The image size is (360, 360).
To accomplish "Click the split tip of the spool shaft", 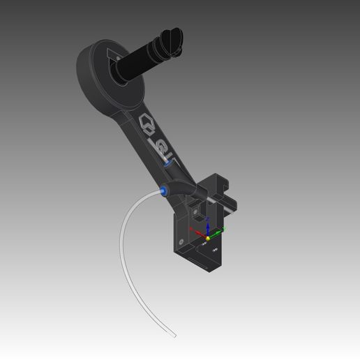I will click(x=171, y=40).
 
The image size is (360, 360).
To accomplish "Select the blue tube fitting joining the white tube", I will click(x=163, y=189).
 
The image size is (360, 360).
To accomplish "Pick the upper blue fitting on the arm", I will click(x=168, y=160).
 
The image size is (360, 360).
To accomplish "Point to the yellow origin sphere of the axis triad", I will click(x=207, y=238).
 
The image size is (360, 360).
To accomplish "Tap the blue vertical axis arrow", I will click(x=207, y=227).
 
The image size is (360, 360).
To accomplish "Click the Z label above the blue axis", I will click(x=207, y=219).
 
